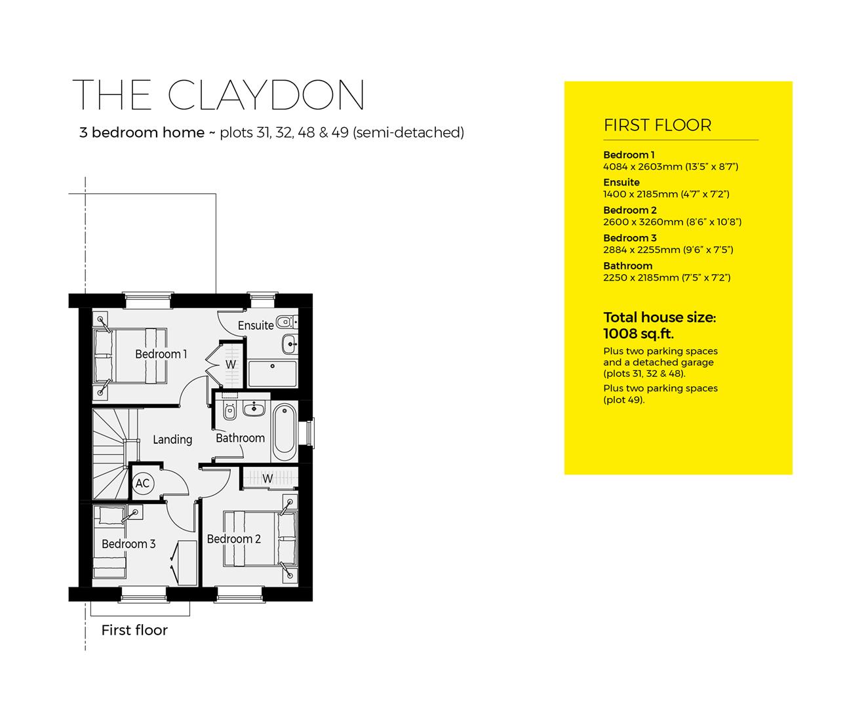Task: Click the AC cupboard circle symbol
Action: click(x=142, y=484)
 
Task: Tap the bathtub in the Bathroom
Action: click(x=284, y=432)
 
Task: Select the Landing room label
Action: click(x=172, y=439)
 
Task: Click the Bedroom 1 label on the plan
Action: click(x=161, y=354)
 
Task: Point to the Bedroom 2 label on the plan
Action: click(x=233, y=539)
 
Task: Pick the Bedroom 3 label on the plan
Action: click(x=128, y=543)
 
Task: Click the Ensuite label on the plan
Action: click(x=256, y=325)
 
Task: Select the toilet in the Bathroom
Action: click(x=229, y=412)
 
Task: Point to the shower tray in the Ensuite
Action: click(x=272, y=374)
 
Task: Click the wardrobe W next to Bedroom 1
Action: click(x=230, y=364)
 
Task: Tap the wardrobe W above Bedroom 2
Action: click(x=268, y=479)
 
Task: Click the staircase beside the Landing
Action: click(x=110, y=452)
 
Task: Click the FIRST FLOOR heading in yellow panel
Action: click(x=657, y=125)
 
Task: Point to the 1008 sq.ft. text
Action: click(x=638, y=333)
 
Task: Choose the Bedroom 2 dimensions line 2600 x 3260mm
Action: click(x=672, y=222)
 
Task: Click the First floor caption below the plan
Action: click(x=134, y=630)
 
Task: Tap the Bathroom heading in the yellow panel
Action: click(x=627, y=265)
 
